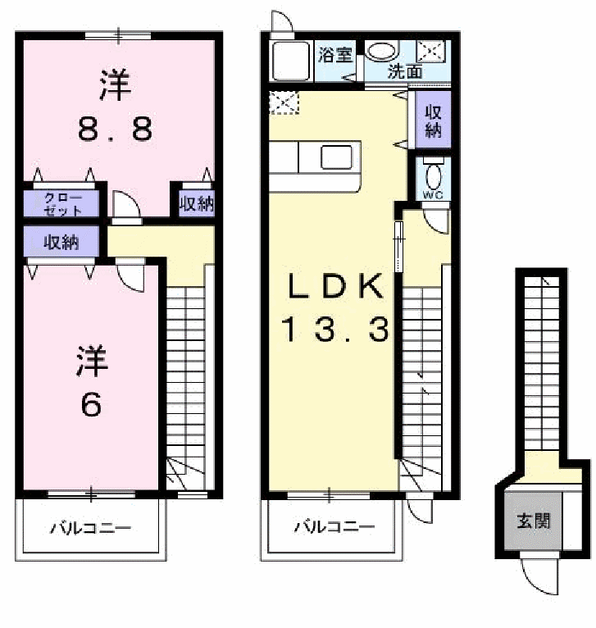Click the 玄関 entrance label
click(x=534, y=521)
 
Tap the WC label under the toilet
click(x=433, y=195)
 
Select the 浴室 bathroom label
click(x=335, y=55)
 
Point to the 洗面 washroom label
click(x=405, y=71)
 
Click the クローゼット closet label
click(x=62, y=204)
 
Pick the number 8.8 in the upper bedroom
click(x=116, y=129)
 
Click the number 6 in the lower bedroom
click(x=91, y=404)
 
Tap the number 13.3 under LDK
click(x=334, y=329)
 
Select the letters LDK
click(x=335, y=285)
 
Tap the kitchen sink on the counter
click(x=336, y=157)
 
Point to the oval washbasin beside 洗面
click(x=383, y=51)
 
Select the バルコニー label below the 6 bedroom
click(x=90, y=528)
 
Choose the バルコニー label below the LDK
click(x=334, y=526)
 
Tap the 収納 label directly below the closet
click(x=61, y=242)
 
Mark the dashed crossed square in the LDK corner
click(x=284, y=103)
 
